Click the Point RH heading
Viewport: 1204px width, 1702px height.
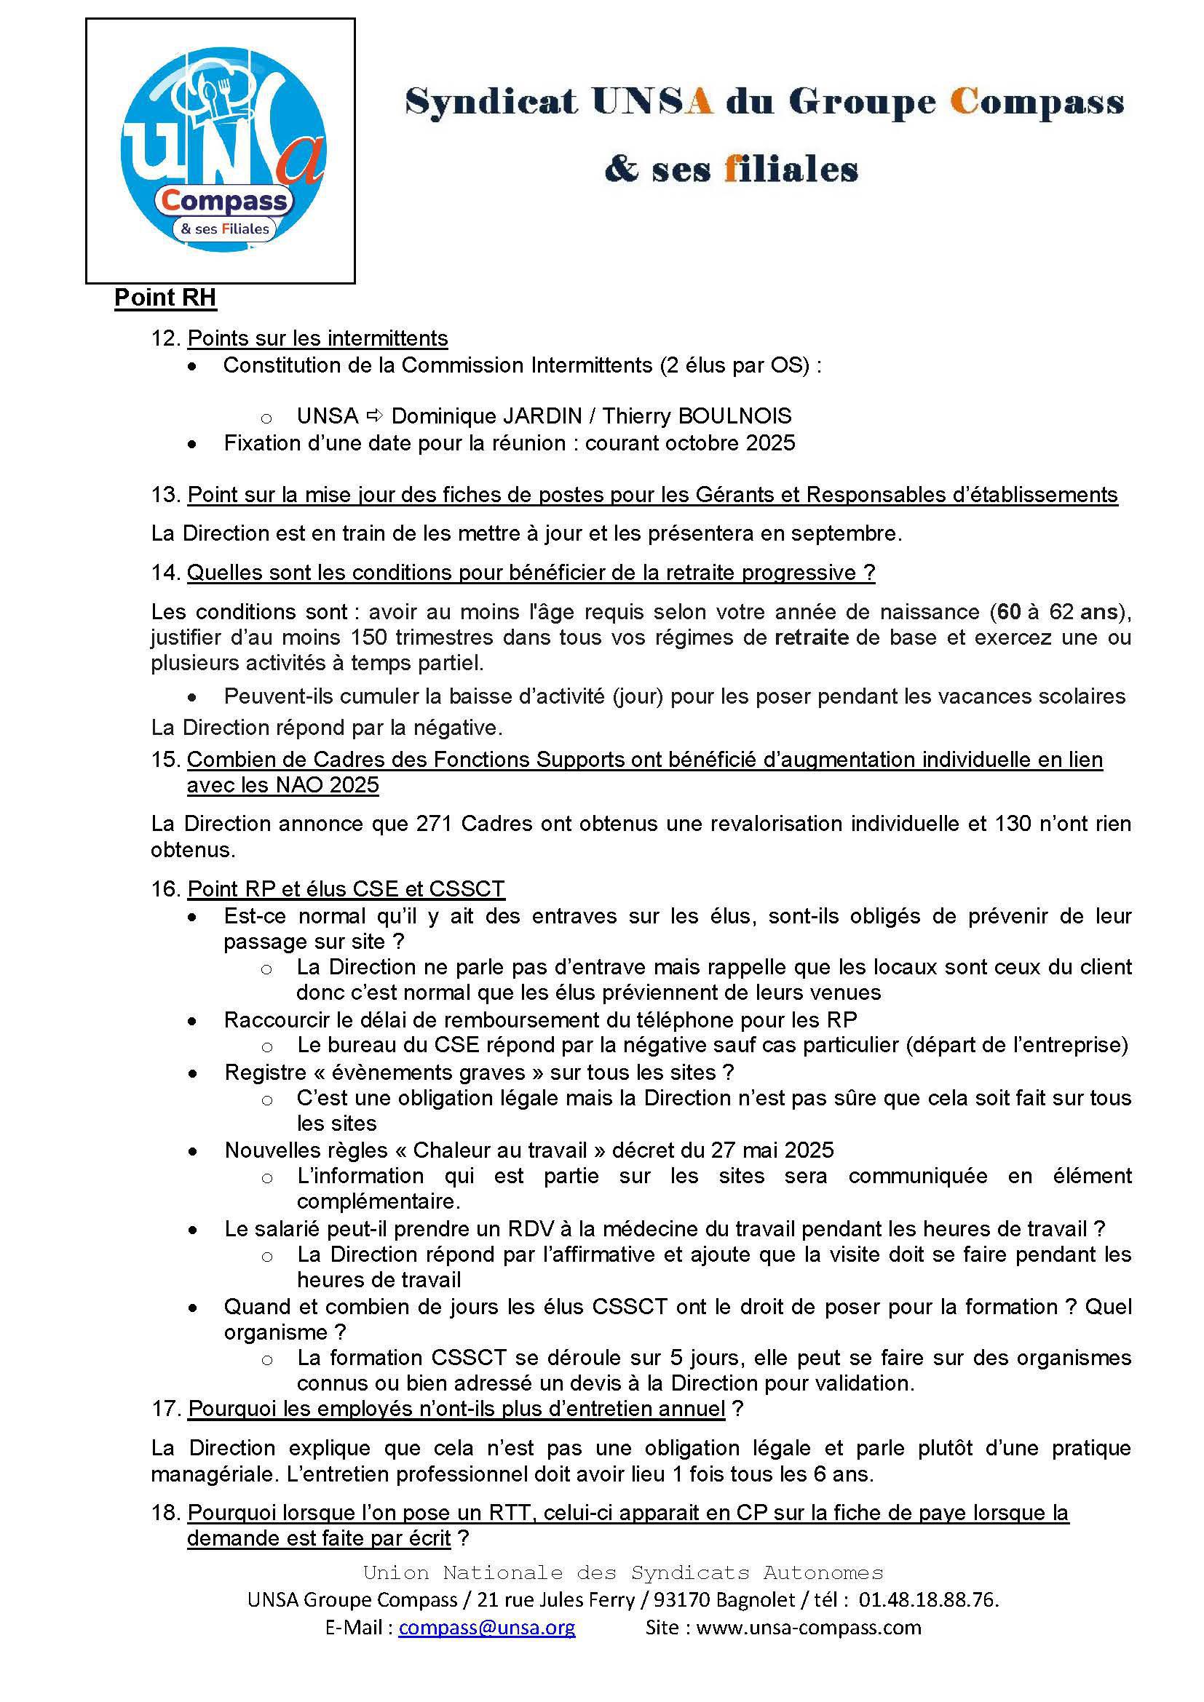tap(165, 298)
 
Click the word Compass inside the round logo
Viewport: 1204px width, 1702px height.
tap(224, 200)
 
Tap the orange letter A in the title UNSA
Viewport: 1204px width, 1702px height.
tap(698, 102)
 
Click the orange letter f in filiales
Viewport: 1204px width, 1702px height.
tap(731, 169)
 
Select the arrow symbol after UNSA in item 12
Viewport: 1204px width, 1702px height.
tap(375, 416)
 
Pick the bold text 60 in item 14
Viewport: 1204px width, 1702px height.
tap(1008, 611)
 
